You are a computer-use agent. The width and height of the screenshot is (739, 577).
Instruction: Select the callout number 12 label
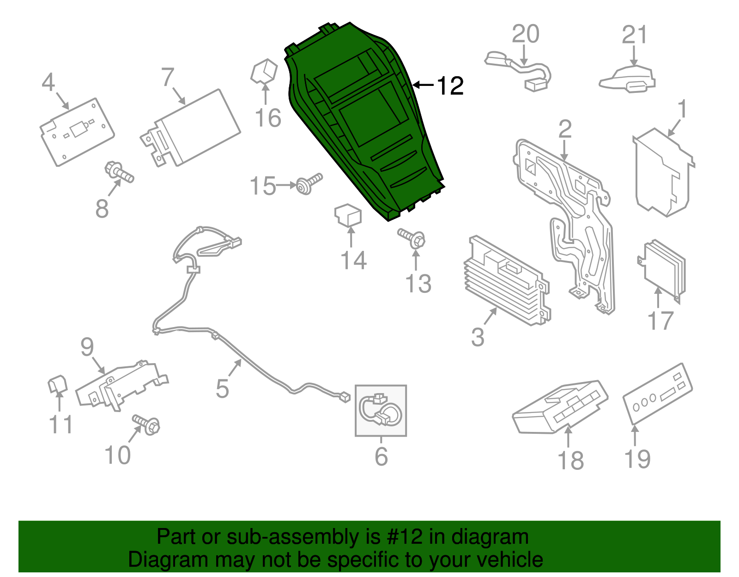450,85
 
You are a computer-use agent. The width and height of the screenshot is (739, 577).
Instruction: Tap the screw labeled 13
412,238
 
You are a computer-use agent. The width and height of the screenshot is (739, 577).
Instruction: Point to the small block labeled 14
348,215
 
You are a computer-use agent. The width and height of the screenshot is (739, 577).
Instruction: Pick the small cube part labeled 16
264,71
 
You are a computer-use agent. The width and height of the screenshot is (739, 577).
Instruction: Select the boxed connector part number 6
381,411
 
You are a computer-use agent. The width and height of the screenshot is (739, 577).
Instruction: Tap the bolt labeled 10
146,424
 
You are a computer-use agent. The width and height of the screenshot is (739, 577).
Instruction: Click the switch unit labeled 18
560,407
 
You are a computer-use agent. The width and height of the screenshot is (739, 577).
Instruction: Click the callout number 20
526,34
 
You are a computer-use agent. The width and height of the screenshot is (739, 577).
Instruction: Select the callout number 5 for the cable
222,389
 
